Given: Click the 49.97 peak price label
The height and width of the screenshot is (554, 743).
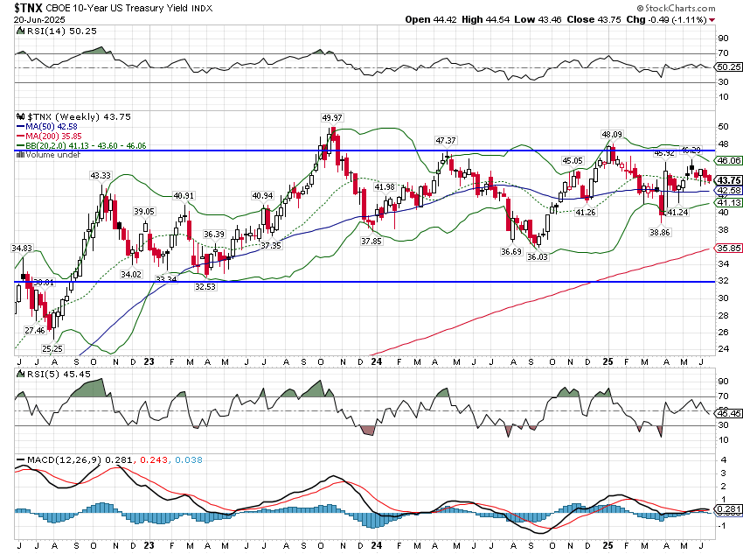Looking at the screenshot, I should click(331, 118).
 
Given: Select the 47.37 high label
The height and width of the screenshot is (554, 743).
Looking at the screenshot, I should click(446, 140).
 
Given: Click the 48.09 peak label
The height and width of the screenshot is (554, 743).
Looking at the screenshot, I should click(611, 135).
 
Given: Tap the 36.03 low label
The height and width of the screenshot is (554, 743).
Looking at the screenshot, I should click(536, 257).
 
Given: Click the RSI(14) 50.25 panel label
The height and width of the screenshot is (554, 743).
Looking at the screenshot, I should click(49, 31).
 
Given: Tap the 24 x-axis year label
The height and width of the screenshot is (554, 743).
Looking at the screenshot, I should click(376, 361).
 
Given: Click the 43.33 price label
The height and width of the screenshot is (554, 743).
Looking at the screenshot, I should click(101, 176).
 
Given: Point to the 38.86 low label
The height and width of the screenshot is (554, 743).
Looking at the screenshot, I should click(660, 233).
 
